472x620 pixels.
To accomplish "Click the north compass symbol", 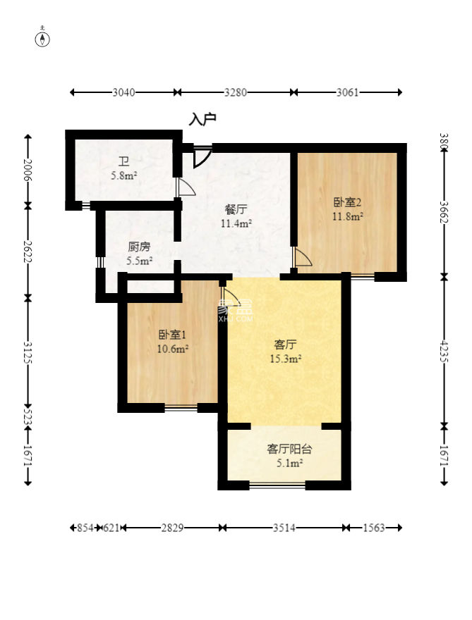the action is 42,38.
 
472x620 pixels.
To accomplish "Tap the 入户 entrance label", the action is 202,118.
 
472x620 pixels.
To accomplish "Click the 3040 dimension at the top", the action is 123,92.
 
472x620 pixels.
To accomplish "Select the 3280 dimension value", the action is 236,92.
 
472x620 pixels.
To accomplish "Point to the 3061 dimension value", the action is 347,92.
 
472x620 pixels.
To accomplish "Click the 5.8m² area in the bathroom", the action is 124,175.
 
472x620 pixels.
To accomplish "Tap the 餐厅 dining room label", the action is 236,209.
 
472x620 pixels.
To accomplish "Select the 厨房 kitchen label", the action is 140,247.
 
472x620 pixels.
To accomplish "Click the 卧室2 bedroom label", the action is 348,202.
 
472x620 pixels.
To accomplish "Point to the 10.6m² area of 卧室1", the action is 173,349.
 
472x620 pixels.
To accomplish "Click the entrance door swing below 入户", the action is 202,157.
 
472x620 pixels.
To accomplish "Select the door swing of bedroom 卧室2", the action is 303,256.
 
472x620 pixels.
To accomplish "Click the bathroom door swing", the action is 186,187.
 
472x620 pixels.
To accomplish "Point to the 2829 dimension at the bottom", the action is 172,528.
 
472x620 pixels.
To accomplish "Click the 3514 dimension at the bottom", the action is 284,528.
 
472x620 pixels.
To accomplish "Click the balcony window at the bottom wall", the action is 277,485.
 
